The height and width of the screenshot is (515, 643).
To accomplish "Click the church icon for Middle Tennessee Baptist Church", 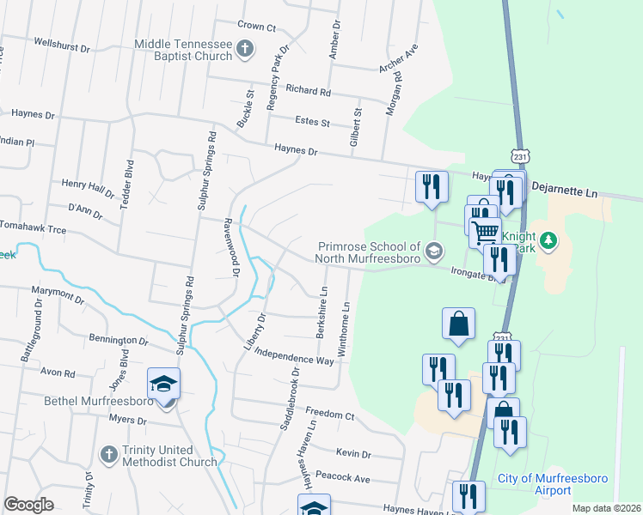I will click(x=245, y=48).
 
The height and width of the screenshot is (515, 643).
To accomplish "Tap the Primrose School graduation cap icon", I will click(x=436, y=251).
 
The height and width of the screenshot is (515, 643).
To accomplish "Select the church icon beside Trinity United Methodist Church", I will click(x=108, y=453).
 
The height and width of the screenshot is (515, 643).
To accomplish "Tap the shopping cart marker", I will click(x=486, y=230).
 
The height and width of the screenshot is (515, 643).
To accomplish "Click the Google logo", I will click(x=28, y=505).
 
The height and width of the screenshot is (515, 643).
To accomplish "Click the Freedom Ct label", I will click(x=330, y=415).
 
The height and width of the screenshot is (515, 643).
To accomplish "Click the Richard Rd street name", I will click(x=308, y=90).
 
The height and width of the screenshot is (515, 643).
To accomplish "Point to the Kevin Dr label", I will click(x=353, y=453).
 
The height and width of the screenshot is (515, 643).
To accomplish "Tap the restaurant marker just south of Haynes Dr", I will click(x=430, y=186).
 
